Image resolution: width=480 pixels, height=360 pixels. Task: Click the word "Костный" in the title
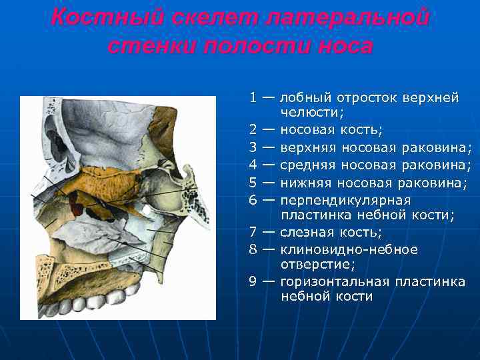[x=93, y=18]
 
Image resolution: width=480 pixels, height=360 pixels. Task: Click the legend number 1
[x=253, y=98]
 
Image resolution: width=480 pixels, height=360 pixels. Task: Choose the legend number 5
[x=253, y=183]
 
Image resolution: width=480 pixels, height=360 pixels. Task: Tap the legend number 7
[x=253, y=232]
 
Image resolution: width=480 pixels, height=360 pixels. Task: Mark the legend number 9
[x=253, y=281]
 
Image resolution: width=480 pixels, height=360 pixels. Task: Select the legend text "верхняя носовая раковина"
[x=376, y=147]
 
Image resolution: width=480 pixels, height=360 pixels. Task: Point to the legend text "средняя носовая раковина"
[x=376, y=165]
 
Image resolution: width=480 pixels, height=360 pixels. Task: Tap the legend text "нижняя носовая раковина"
[x=373, y=183]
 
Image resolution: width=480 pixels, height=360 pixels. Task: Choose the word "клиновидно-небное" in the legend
[x=349, y=249]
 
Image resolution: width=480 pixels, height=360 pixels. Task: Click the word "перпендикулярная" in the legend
[x=346, y=200]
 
